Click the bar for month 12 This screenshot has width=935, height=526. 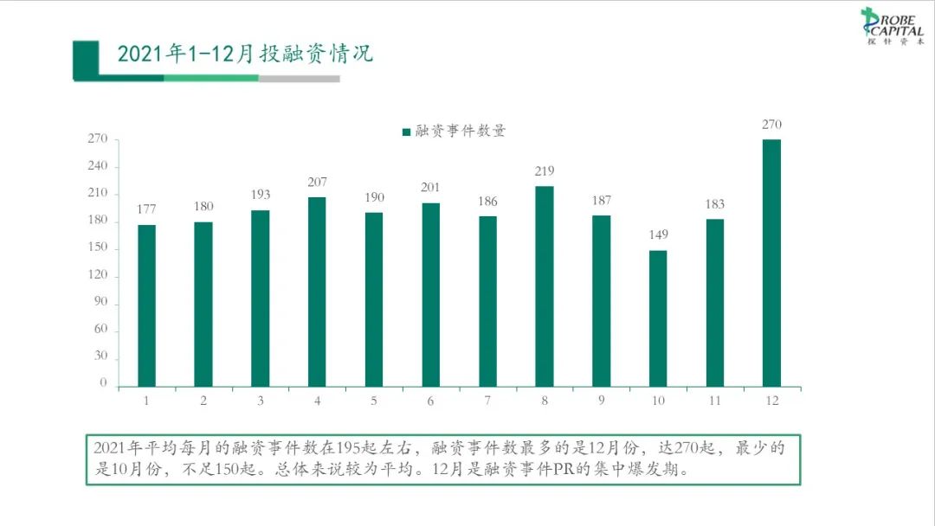771,263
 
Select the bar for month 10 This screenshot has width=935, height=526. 658,318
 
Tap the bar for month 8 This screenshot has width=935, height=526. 544,286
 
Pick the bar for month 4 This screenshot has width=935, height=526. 317,292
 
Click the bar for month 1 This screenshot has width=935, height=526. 146,305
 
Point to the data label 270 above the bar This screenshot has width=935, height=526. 771,125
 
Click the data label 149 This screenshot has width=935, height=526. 658,234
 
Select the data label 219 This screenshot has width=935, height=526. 544,170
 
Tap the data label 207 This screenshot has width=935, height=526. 317,182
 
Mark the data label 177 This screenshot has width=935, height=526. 146,209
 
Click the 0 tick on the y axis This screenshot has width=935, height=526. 103,383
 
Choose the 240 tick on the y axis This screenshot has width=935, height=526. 98,166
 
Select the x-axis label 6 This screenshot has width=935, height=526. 430,401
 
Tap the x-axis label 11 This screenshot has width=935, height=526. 714,401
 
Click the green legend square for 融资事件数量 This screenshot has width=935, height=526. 406,132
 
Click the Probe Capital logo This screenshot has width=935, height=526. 891,26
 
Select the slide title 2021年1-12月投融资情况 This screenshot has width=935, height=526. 245,54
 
